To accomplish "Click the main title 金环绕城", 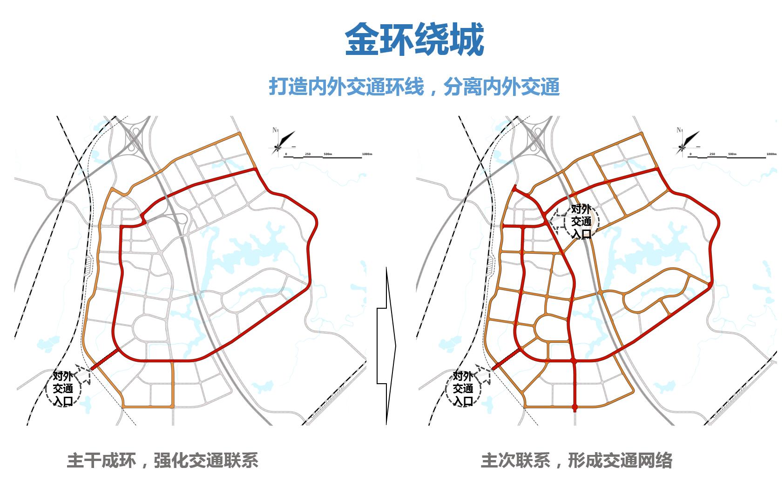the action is tap(414, 40).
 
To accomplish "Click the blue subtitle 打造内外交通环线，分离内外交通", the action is tap(414, 87).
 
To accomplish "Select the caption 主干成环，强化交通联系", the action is tap(162, 460).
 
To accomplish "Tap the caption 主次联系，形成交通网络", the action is tap(576, 460).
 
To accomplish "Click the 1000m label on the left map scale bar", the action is tap(367, 154).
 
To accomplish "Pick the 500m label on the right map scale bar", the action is tap(732, 154).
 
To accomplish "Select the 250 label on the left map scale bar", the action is tap(308, 154).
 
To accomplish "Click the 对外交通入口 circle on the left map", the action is tap(63, 388).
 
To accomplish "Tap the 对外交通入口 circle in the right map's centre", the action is tap(581, 221).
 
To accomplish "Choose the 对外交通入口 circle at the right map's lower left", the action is tap(463, 388).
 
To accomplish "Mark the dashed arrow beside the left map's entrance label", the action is tap(83, 374).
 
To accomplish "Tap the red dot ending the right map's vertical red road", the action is tap(574, 408).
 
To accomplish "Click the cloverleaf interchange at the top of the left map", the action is tap(135, 137).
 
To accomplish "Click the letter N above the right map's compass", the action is tap(679, 130).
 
